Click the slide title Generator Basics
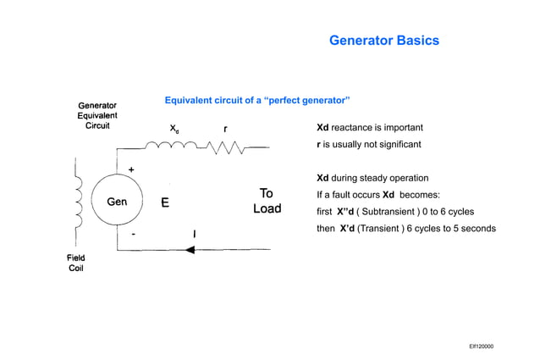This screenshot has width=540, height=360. [x=383, y=41]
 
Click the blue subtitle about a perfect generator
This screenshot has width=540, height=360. [x=257, y=101]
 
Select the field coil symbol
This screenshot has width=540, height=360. [x=79, y=200]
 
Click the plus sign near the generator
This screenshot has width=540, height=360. [x=132, y=169]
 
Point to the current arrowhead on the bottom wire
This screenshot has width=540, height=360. [x=190, y=250]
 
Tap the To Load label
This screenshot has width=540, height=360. [x=267, y=201]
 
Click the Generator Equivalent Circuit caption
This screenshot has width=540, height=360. [x=97, y=115]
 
